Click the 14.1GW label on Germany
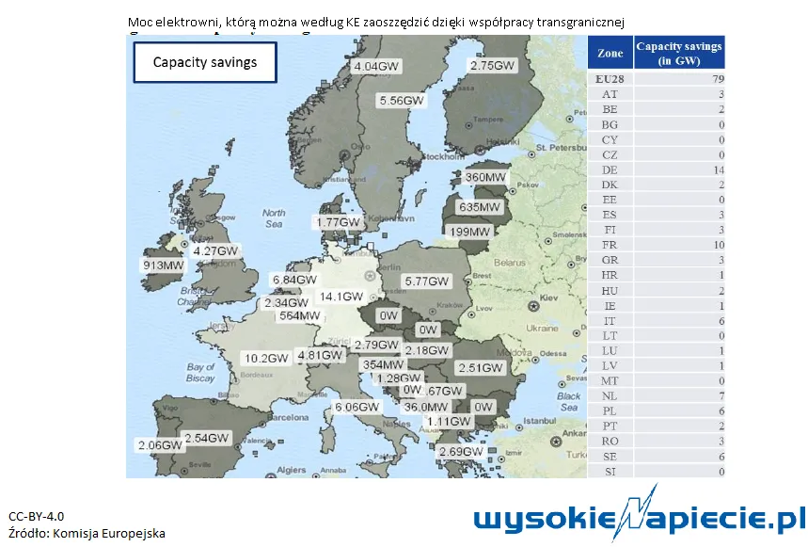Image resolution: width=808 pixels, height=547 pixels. pos(341,297)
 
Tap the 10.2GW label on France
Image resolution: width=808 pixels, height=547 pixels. pos(266,359)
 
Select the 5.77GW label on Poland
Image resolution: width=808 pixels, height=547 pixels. pos(428,282)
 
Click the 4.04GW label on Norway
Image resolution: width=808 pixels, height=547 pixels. pos(377,68)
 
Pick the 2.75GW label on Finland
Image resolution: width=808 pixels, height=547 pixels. pos(493,66)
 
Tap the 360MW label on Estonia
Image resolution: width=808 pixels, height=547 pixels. pos(486,177)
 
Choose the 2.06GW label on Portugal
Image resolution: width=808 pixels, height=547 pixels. pos(159,444)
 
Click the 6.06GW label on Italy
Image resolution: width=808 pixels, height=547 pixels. pos(357,408)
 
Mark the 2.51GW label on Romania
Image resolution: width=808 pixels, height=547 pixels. pos(480,367)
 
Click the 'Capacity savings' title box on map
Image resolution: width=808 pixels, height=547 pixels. pos(205,63)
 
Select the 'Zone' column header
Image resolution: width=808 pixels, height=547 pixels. pos(610,55)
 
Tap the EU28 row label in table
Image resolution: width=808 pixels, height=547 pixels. pos(610,80)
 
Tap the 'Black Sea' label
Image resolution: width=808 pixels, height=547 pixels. pos(568,401)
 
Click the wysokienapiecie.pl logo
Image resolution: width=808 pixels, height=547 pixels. pos(640,520)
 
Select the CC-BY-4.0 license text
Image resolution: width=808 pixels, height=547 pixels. pos(37,516)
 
